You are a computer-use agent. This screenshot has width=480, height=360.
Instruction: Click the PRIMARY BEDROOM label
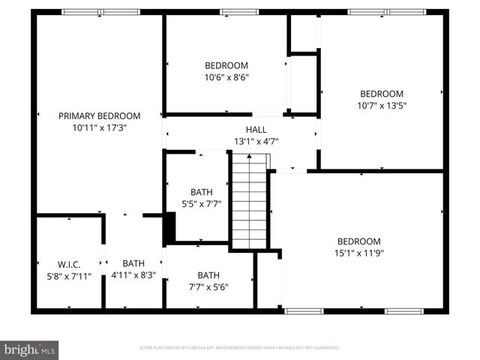pyautogui.click(x=100, y=115)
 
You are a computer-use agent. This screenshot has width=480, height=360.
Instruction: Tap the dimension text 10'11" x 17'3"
pyautogui.click(x=100, y=128)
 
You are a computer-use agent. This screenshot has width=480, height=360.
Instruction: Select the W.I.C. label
pyautogui.click(x=68, y=264)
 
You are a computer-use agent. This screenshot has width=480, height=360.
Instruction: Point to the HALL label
pyautogui.click(x=244, y=129)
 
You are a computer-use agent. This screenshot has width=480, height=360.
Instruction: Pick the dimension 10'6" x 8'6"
pyautogui.click(x=226, y=77)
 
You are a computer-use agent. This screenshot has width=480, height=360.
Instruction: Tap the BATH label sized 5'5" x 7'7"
pyautogui.click(x=201, y=192)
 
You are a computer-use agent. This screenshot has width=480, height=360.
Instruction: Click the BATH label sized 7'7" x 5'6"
pyautogui.click(x=208, y=275)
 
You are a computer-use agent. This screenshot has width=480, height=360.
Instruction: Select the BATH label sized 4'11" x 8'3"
pyautogui.click(x=133, y=263)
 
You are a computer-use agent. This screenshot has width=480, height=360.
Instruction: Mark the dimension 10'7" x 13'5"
pyautogui.click(x=382, y=106)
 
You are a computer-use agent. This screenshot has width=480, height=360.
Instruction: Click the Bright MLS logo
pyautogui.click(x=30, y=349)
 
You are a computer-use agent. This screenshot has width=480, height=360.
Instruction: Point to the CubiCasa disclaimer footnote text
pyautogui.click(x=240, y=348)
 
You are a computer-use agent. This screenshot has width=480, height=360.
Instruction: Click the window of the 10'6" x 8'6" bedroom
pyautogui.click(x=238, y=12)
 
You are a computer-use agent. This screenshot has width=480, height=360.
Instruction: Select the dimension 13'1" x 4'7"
pyautogui.click(x=244, y=141)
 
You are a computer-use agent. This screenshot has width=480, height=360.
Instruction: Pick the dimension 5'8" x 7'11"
pyautogui.click(x=68, y=276)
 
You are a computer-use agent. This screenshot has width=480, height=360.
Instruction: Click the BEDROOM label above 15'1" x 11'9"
pyautogui.click(x=358, y=241)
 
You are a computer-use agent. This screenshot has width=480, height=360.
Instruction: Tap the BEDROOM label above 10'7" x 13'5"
pyautogui.click(x=382, y=94)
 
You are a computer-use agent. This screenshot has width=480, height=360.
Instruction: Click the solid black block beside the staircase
pyautogui.click(x=169, y=228)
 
